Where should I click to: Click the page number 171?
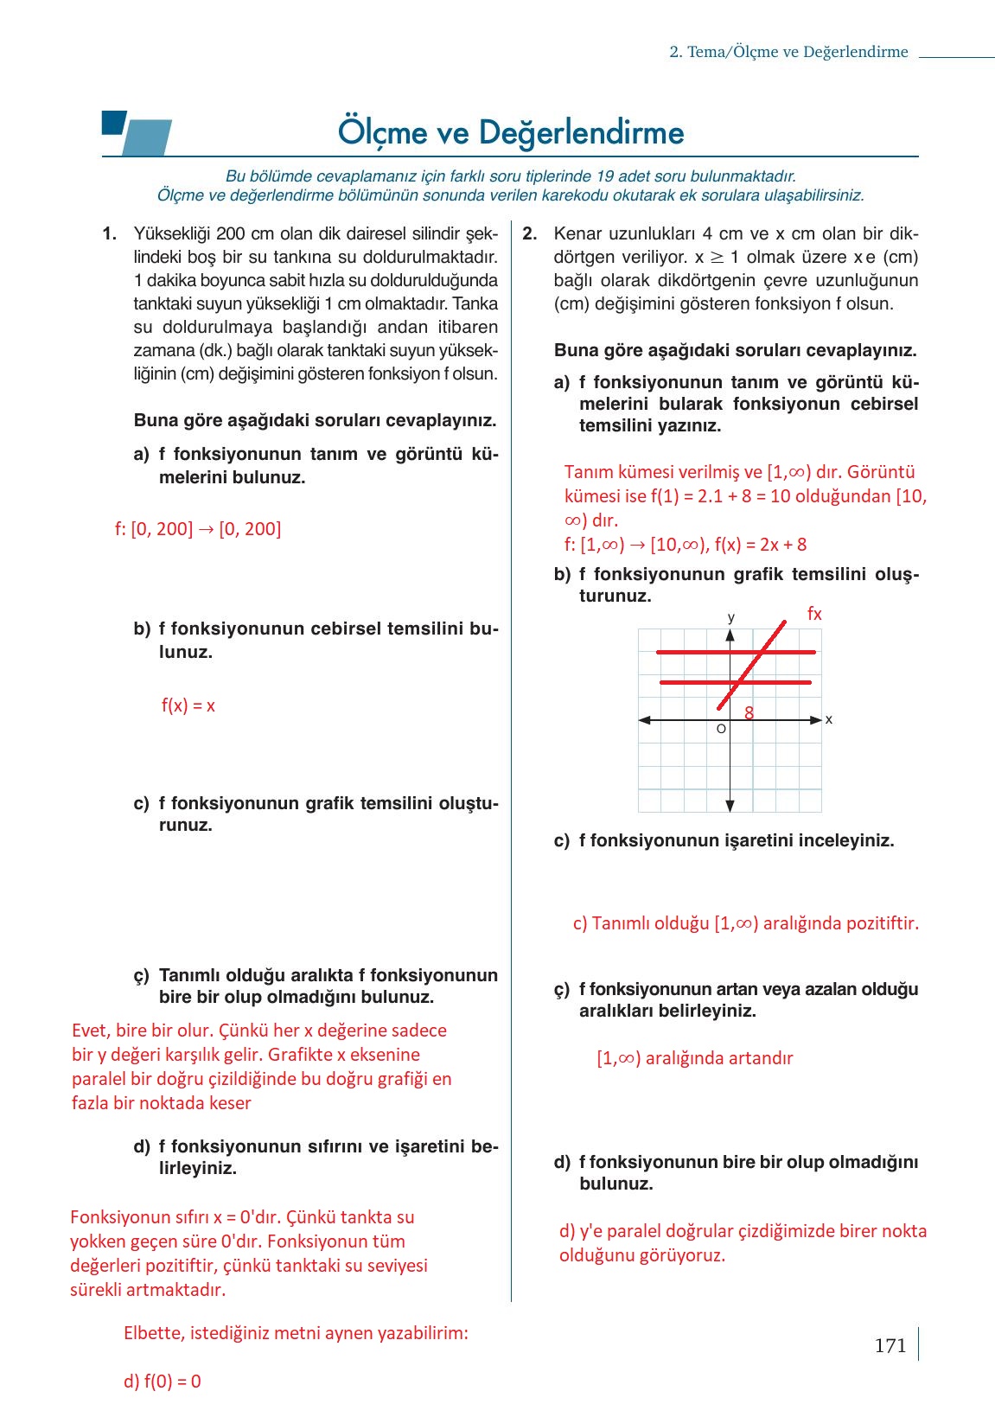pyautogui.click(x=890, y=1345)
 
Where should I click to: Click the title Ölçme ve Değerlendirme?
pyautogui.click(x=510, y=132)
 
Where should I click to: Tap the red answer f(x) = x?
pyautogui.click(x=188, y=705)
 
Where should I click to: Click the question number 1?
pyautogui.click(x=109, y=233)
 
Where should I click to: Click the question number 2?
pyautogui.click(x=530, y=233)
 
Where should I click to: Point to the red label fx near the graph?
pyautogui.click(x=813, y=614)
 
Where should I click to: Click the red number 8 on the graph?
pyautogui.click(x=749, y=712)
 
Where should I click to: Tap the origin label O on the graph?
pyautogui.click(x=721, y=730)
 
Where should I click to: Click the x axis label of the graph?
pyautogui.click(x=829, y=719)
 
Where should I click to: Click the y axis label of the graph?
pyautogui.click(x=731, y=617)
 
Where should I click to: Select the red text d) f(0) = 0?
pyautogui.click(x=162, y=1382)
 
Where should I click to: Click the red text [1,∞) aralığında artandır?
pyautogui.click(x=694, y=1058)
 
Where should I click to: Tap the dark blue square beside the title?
pyautogui.click(x=113, y=122)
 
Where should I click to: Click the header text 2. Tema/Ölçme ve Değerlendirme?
pyautogui.click(x=788, y=52)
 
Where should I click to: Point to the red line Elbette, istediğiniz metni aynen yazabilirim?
pyautogui.click(x=296, y=1333)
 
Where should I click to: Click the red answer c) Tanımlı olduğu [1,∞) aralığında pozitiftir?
pyautogui.click(x=745, y=923)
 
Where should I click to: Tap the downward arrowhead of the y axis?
pyautogui.click(x=730, y=807)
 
